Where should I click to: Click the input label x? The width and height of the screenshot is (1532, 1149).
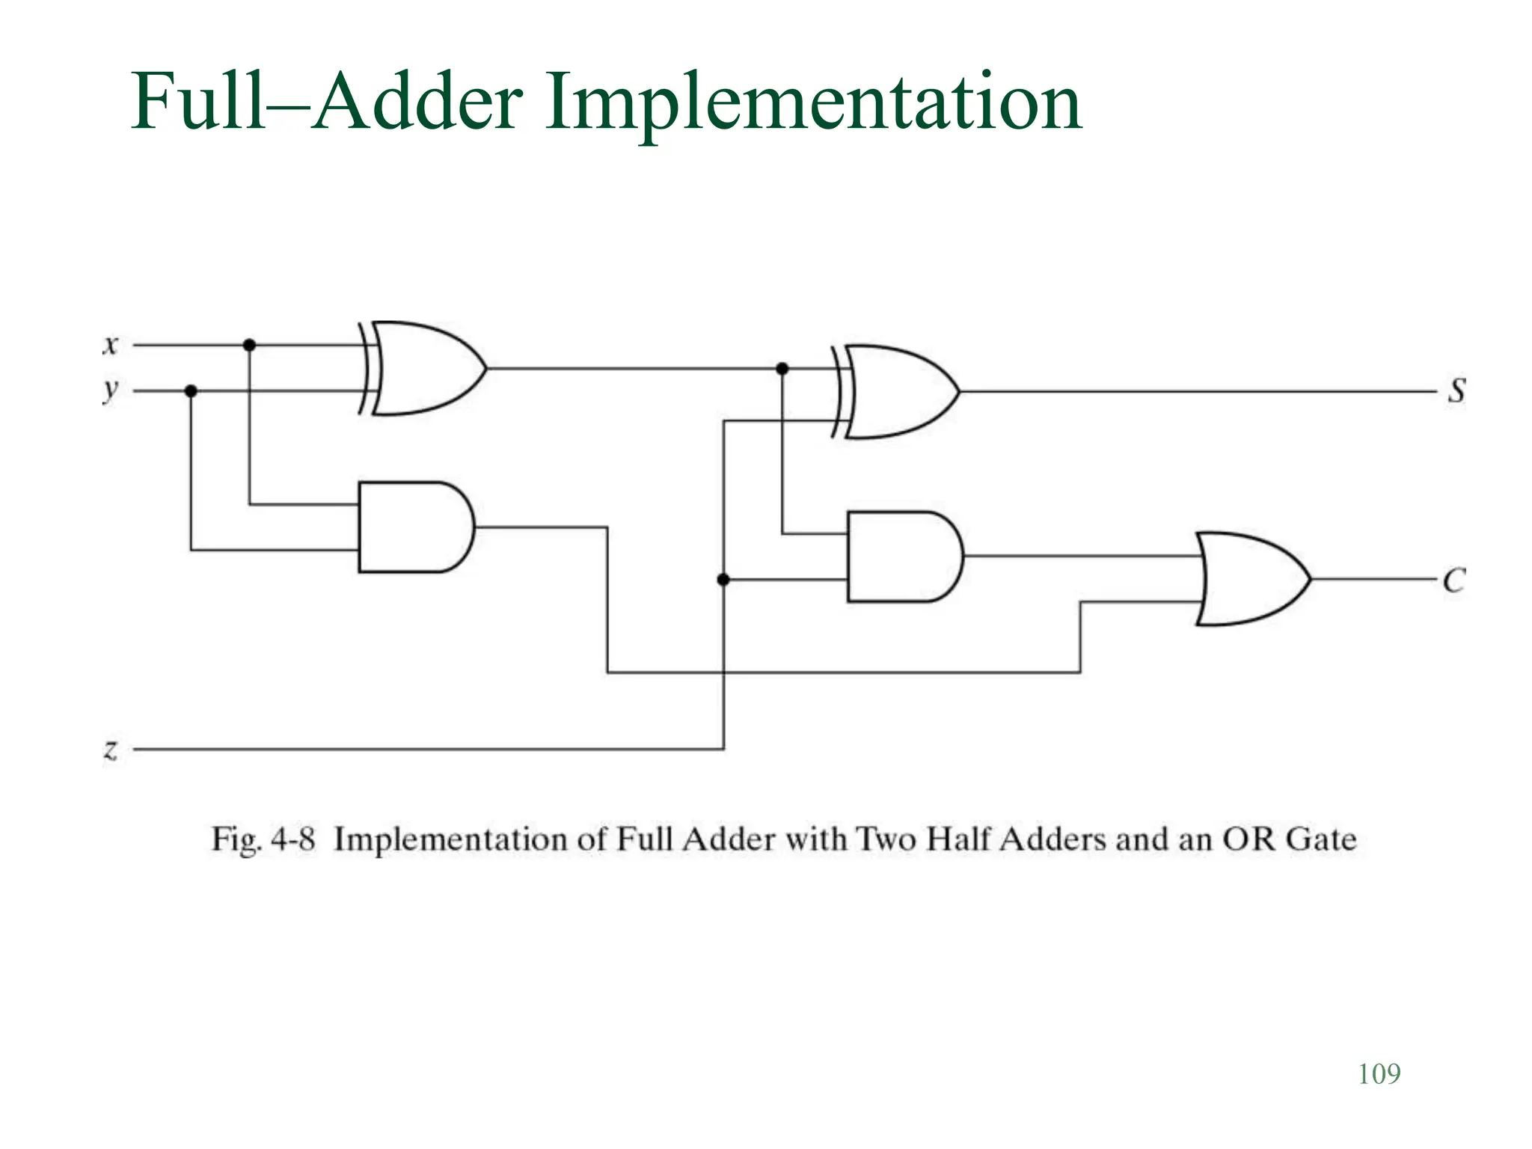pyautogui.click(x=111, y=346)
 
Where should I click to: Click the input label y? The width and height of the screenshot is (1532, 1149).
pyautogui.click(x=111, y=390)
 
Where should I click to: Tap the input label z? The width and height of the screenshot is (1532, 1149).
pyautogui.click(x=111, y=749)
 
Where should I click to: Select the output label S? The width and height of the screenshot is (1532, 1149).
pyautogui.click(x=1456, y=390)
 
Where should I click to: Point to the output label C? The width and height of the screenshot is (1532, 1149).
pyautogui.click(x=1454, y=580)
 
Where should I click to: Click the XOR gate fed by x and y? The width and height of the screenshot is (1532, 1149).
pyautogui.click(x=423, y=368)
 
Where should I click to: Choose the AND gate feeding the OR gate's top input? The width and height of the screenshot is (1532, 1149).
pyautogui.click(x=902, y=557)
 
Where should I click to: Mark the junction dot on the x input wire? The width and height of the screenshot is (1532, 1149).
pyautogui.click(x=250, y=345)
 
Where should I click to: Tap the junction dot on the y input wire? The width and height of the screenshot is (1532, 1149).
pyautogui.click(x=191, y=390)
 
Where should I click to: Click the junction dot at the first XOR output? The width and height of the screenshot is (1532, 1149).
pyautogui.click(x=782, y=369)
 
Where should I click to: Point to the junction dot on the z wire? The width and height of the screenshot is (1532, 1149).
pyautogui.click(x=723, y=580)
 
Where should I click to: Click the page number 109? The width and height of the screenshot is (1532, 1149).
pyautogui.click(x=1379, y=1074)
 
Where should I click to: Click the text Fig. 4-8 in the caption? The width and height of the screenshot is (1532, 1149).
pyautogui.click(x=263, y=839)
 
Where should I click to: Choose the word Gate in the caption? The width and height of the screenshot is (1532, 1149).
pyautogui.click(x=1320, y=839)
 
